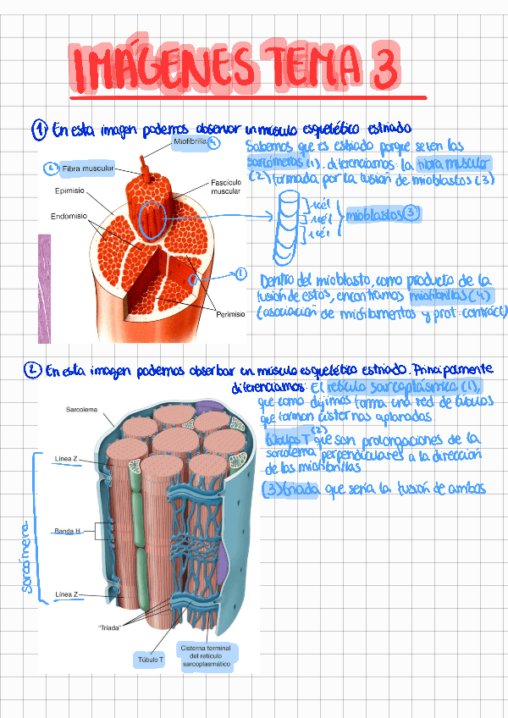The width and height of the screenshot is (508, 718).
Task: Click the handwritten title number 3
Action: [x=384, y=68]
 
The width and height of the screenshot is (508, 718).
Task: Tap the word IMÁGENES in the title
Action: [x=159, y=67]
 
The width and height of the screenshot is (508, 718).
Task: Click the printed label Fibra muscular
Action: [x=87, y=169]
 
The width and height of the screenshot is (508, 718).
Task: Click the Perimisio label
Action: [x=229, y=314]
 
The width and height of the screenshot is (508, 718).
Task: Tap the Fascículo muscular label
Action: [x=225, y=188]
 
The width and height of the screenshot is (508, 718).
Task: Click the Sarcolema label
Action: [x=82, y=410]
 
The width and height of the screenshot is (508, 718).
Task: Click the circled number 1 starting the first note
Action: [x=39, y=130]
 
